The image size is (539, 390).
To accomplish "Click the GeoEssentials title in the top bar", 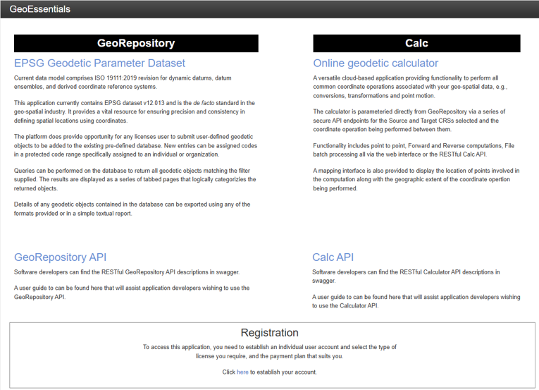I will click(x=40, y=9).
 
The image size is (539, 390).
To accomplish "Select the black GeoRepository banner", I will click(x=136, y=44).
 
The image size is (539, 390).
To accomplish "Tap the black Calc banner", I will click(x=416, y=44).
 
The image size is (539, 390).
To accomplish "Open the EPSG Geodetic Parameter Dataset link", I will click(x=99, y=63).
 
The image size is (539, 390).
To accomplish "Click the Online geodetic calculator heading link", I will click(x=376, y=63).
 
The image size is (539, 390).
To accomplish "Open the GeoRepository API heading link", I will click(x=61, y=257).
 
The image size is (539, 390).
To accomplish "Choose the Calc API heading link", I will click(x=333, y=257).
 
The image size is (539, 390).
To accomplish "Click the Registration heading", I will click(x=269, y=333).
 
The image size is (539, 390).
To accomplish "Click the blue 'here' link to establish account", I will click(x=242, y=372).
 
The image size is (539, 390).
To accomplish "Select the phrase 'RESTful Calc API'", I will click(x=462, y=154).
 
